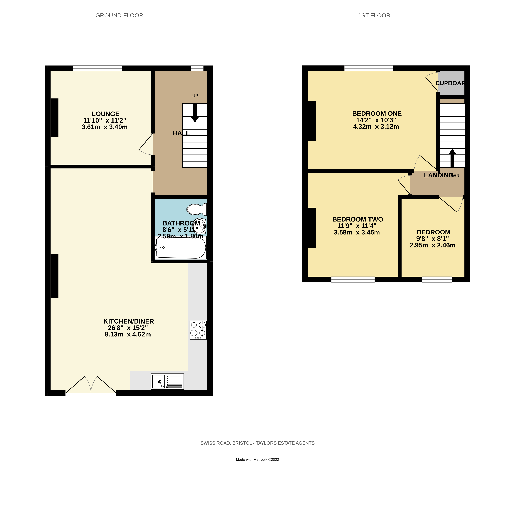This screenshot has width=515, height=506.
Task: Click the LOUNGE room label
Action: pos(105,114)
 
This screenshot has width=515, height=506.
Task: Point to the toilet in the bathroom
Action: pos(196,209)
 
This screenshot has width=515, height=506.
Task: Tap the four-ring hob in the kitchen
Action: pos(198,330)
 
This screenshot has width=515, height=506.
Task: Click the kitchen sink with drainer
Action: pos(167,382)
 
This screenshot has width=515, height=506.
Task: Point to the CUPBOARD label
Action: pos(450,83)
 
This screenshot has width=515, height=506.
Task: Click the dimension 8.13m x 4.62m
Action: pos(128,334)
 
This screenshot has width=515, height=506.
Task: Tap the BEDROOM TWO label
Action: pos(357,219)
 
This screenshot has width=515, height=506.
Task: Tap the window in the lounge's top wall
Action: pos(98,68)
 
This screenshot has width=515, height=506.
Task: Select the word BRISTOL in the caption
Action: pos(242,443)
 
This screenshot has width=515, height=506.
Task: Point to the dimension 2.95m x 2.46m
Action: pos(432,245)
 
